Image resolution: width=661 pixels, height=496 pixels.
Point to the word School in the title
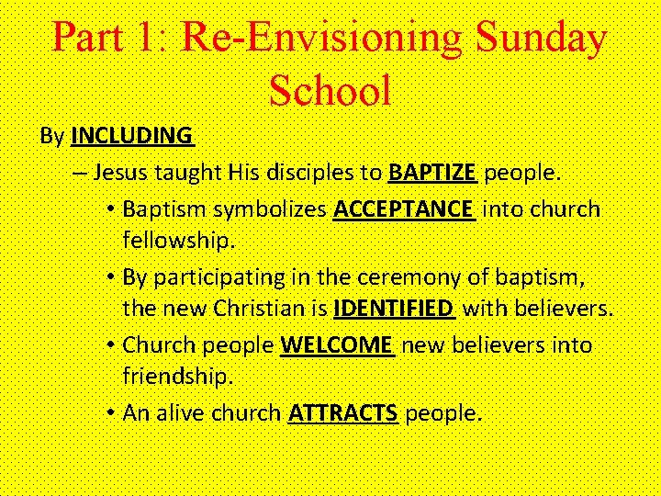point(330,90)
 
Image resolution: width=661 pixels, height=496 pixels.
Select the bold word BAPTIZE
point(431,173)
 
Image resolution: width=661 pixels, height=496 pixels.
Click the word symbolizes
point(270,209)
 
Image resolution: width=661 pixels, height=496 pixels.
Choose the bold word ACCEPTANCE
point(403,209)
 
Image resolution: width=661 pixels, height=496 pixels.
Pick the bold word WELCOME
point(337,345)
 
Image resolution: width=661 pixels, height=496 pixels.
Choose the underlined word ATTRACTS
point(343,413)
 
